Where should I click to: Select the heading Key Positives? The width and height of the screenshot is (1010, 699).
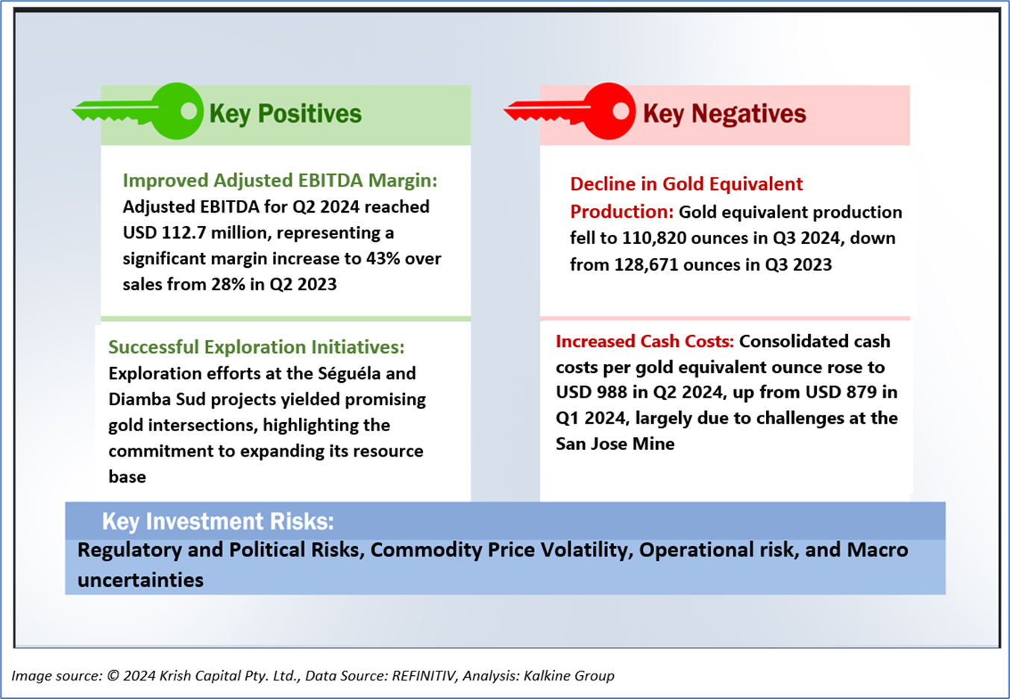click(x=285, y=113)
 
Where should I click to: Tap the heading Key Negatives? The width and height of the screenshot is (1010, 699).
click(x=724, y=113)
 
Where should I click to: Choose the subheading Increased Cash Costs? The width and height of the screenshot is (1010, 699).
click(x=644, y=341)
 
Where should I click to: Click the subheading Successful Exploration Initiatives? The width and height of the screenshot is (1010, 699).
click(x=256, y=347)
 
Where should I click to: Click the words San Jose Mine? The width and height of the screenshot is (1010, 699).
click(x=615, y=444)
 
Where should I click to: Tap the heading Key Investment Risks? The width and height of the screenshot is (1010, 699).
click(x=218, y=521)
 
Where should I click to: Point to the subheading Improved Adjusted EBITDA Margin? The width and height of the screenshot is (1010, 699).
click(x=280, y=181)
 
